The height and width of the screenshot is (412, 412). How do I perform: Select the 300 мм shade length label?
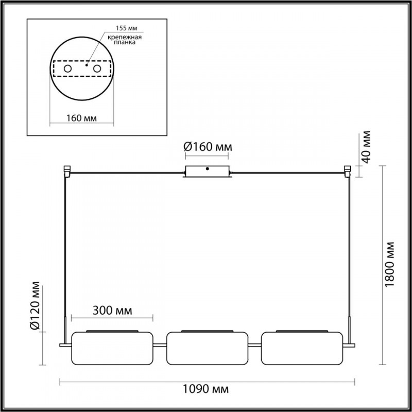112,311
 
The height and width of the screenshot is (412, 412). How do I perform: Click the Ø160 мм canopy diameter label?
208,147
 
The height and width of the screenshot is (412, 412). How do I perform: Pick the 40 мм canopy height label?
366,147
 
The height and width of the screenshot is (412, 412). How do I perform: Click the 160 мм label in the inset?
82,118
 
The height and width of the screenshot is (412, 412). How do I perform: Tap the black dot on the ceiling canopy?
207,168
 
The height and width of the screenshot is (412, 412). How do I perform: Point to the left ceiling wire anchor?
66,170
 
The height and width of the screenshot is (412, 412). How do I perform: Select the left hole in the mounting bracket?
67,68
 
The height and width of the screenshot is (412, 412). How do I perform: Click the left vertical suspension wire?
64,247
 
